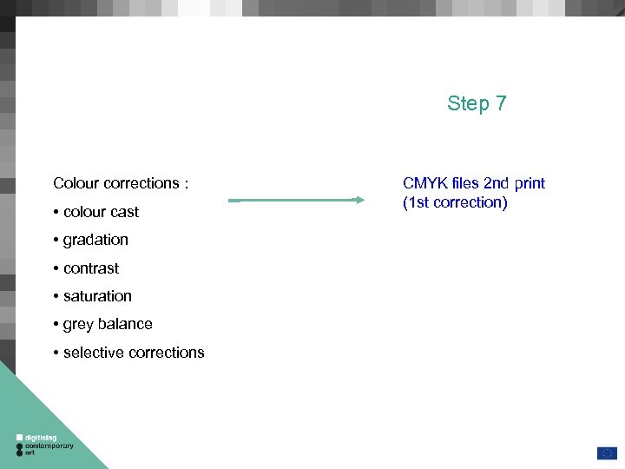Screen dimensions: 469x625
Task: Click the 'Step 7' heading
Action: pos(477,104)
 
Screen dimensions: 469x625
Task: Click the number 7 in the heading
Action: pos(501,104)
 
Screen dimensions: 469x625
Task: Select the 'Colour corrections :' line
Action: pos(121,183)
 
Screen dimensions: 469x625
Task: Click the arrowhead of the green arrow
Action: pos(359,200)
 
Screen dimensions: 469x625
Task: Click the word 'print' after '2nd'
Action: pos(529,183)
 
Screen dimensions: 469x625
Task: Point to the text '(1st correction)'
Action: pos(454,202)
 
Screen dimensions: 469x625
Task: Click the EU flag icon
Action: pos(606,452)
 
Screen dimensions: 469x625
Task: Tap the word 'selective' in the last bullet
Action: pos(93,353)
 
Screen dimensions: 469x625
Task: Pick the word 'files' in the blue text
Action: pos(463,183)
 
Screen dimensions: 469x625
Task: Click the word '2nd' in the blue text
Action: pos(497,183)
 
